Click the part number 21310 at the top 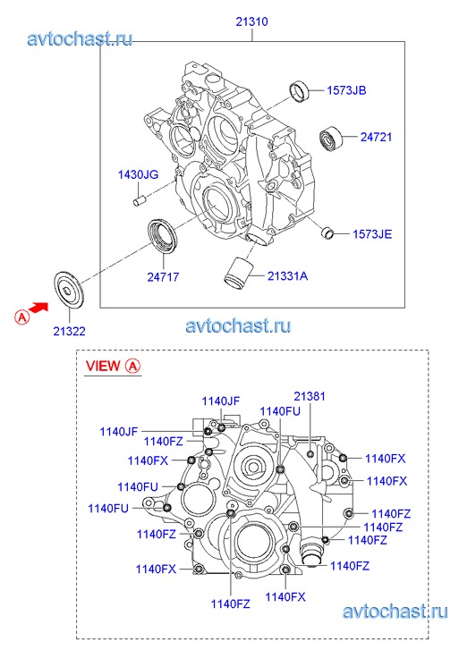point(252,21)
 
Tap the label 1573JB point(346,90)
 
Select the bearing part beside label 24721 point(331,138)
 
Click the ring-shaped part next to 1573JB point(299,91)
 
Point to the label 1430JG point(138,174)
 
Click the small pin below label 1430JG point(138,199)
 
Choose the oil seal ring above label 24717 point(163,235)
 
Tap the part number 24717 point(163,276)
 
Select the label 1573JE point(372,234)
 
